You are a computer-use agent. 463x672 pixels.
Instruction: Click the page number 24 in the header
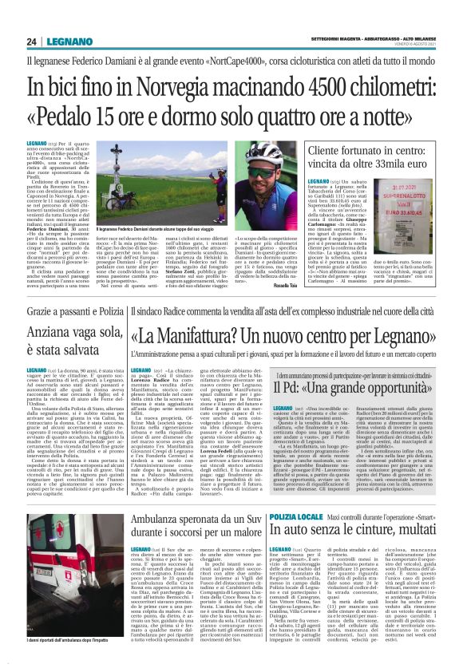(x=30, y=41)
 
